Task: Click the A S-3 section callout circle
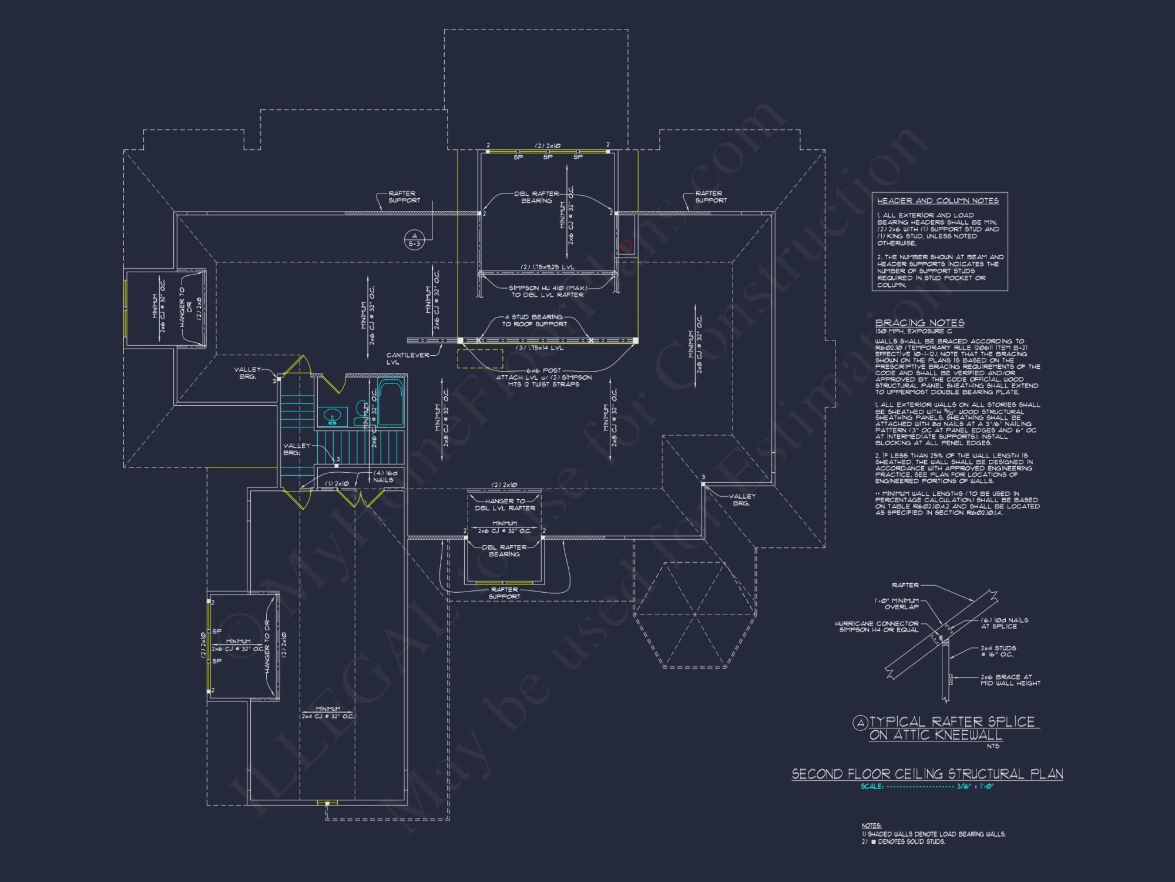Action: pyautogui.click(x=414, y=239)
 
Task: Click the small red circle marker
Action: pyautogui.click(x=626, y=246)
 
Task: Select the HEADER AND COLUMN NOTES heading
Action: pyautogui.click(x=938, y=201)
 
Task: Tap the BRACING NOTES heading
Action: pyautogui.click(x=919, y=323)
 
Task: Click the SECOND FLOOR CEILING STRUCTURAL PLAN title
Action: pyautogui.click(x=927, y=774)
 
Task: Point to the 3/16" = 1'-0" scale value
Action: pyautogui.click(x=975, y=787)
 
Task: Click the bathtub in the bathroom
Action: pyautogui.click(x=390, y=403)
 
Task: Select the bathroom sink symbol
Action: pyautogui.click(x=333, y=417)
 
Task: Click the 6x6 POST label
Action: pyautogui.click(x=543, y=370)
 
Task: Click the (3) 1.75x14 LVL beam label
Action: pyautogui.click(x=539, y=348)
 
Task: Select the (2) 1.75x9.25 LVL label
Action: pyautogui.click(x=547, y=267)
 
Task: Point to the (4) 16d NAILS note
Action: pyautogui.click(x=385, y=476)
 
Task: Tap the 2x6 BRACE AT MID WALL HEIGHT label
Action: pyautogui.click(x=1010, y=680)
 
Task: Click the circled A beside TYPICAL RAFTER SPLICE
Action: pyautogui.click(x=860, y=723)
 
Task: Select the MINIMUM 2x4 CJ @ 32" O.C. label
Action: pyautogui.click(x=328, y=713)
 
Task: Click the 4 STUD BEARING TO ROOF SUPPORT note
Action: pyautogui.click(x=534, y=320)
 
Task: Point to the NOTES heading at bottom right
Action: pyautogui.click(x=871, y=826)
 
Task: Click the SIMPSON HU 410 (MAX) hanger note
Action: pyautogui.click(x=547, y=291)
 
